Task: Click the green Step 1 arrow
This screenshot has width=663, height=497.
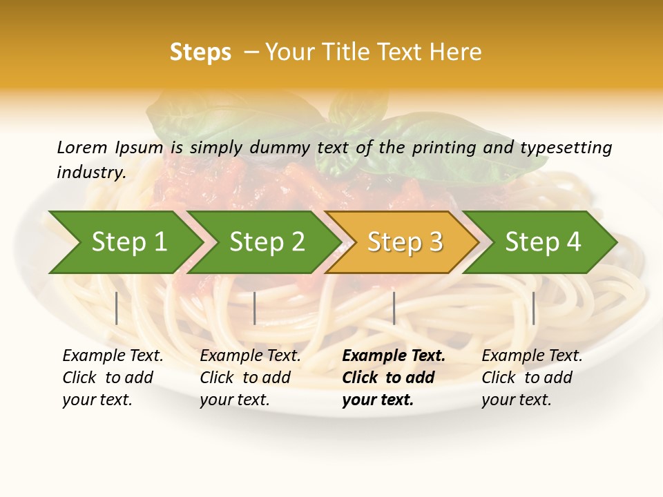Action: pos(128,242)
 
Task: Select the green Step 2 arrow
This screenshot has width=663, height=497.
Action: pos(267,242)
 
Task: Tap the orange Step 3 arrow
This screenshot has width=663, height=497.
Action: pos(405,242)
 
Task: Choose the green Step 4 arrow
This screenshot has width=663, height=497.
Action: pos(543,242)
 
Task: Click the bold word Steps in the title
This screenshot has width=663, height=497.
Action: pos(200,52)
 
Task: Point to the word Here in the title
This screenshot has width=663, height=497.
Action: pos(456,52)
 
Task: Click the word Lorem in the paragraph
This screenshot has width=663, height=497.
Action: pos(82,147)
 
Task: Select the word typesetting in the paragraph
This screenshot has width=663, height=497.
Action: pos(566,147)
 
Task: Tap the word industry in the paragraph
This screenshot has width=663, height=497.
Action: pos(91,172)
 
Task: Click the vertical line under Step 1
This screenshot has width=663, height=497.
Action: pos(117,308)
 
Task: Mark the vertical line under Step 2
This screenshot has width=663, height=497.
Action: pos(255,308)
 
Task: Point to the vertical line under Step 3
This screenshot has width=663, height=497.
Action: pos(394,308)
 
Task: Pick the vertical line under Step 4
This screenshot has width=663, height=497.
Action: pos(533,308)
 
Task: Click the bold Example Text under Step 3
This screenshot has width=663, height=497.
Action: pos(394,355)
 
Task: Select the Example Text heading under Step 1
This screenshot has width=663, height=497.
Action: pos(113,355)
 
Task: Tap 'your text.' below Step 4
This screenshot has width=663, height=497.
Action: pos(516,400)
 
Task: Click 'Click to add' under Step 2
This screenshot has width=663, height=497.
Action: pos(245,378)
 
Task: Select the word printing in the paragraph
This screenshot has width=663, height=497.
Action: pos(444,147)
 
